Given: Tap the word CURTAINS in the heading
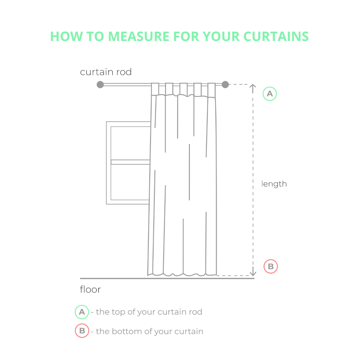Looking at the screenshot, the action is coord(276,36).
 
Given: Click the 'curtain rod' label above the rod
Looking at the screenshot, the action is coord(106,72).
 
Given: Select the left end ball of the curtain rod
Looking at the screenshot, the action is coord(100,84).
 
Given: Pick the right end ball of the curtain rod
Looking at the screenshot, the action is coord(225,84).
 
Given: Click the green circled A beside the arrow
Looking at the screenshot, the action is coord(270,94).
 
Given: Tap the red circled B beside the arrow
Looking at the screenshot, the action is coord(271,266).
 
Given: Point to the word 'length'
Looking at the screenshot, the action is coord(274,184).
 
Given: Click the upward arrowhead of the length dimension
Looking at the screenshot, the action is coord(253,86).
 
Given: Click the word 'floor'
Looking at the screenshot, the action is coord(90,289).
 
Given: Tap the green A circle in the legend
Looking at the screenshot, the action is coord(82,312).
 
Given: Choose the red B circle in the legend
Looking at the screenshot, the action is coord(82,331).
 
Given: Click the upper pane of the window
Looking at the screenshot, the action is coord(130,143).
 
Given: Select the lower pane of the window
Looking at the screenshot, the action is coord(130,182).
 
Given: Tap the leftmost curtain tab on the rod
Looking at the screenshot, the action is coord(155,89).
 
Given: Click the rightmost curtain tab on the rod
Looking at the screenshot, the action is coord(211,90).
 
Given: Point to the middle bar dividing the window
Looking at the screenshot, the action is coord(130,162).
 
